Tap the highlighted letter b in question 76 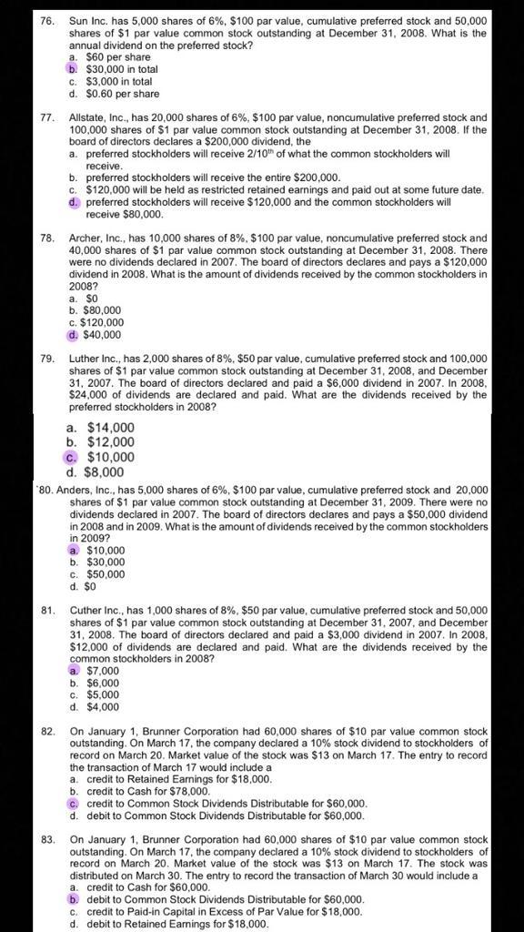click(73, 68)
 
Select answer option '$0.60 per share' click(122, 93)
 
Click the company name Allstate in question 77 click(91, 118)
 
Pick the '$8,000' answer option click(106, 472)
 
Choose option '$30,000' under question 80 click(106, 562)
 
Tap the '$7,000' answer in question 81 click(103, 671)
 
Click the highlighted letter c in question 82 click(73, 804)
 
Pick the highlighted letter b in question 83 click(73, 899)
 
